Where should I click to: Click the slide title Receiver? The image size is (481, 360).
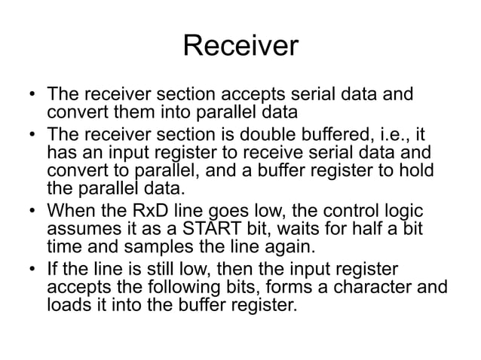click(x=240, y=47)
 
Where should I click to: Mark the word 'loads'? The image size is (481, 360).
click(x=68, y=308)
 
